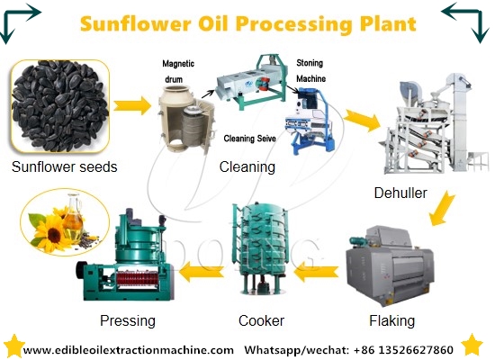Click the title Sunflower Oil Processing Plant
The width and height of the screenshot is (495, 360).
(x=248, y=23)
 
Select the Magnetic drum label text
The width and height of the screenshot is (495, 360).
(x=178, y=72)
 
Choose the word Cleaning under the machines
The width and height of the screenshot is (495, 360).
(x=247, y=166)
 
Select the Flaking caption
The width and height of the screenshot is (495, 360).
(x=391, y=320)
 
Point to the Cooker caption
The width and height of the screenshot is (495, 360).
(x=261, y=320)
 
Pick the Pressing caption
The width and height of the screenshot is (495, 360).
(x=129, y=320)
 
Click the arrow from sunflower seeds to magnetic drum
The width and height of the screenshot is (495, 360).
(x=130, y=105)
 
